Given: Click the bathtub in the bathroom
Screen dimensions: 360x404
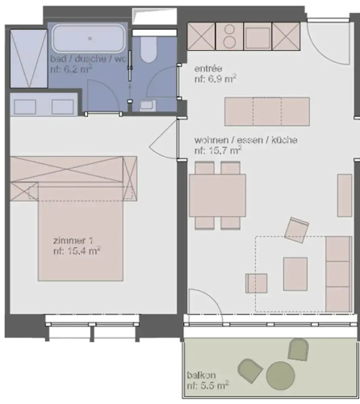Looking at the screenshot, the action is (x=89, y=38).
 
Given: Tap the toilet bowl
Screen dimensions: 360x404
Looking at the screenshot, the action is (x=149, y=50).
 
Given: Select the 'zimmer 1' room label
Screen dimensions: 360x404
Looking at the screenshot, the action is (x=73, y=240).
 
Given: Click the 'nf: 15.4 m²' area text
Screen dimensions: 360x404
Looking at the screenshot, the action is (x=77, y=251).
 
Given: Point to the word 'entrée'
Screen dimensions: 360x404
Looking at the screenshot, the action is (x=208, y=69).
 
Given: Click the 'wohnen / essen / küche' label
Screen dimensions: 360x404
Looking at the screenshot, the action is (x=246, y=140).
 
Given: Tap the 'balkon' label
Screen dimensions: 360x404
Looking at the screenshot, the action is (x=201, y=375).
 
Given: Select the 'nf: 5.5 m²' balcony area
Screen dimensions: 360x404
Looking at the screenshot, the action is (x=208, y=385).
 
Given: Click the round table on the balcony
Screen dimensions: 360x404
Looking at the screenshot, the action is (x=280, y=376).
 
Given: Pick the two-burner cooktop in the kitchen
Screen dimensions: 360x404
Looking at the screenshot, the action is (x=229, y=36).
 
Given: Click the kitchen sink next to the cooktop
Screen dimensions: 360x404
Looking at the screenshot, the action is (x=257, y=36).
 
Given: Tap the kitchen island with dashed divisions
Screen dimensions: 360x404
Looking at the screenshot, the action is (x=267, y=112).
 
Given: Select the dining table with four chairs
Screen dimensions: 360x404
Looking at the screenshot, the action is (x=217, y=196).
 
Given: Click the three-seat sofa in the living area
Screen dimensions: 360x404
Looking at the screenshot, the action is (x=339, y=274).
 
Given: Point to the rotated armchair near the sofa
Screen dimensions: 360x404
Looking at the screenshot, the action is (x=296, y=230).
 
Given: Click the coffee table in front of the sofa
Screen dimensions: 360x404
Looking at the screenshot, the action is (x=295, y=274).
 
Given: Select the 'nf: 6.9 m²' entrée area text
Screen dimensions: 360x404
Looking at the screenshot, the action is (x=216, y=79).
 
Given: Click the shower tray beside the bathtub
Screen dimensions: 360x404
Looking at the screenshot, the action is (x=29, y=58).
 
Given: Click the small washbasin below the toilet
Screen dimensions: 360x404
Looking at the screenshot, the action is (x=148, y=105).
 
